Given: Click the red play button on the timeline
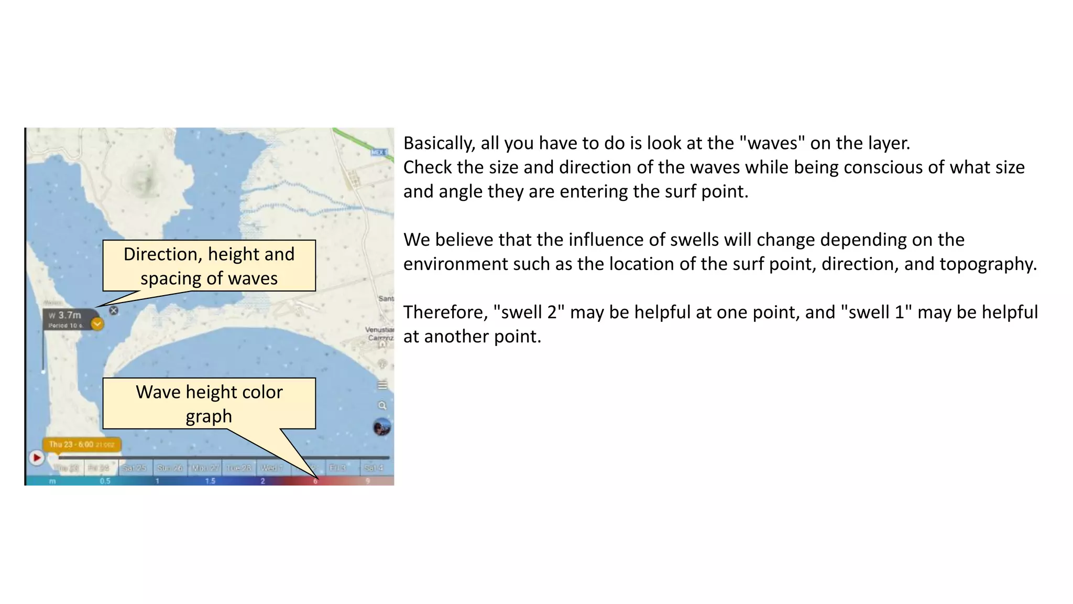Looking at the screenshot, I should [x=37, y=458].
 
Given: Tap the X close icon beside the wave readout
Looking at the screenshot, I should [x=114, y=310].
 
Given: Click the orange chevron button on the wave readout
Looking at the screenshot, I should [x=97, y=324].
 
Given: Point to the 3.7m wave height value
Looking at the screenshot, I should [x=70, y=315].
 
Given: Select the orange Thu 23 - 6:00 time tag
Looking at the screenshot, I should [x=82, y=445].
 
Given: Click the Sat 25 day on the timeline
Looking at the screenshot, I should [x=134, y=468].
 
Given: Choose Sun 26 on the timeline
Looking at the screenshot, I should [x=170, y=468].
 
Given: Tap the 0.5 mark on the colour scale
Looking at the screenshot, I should [x=105, y=481].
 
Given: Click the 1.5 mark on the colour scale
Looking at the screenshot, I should [x=210, y=481].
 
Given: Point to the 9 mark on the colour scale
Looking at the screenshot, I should [x=368, y=481].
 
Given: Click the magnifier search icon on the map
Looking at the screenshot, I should [x=382, y=405].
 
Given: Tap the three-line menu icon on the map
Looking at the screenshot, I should [x=382, y=385].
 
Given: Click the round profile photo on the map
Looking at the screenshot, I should [x=382, y=427].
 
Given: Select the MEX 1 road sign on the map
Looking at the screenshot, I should [x=379, y=152].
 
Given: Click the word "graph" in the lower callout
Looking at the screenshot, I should [x=209, y=416].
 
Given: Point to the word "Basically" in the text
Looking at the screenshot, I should [x=438, y=143].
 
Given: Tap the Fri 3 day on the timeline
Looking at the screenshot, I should [x=337, y=468].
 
